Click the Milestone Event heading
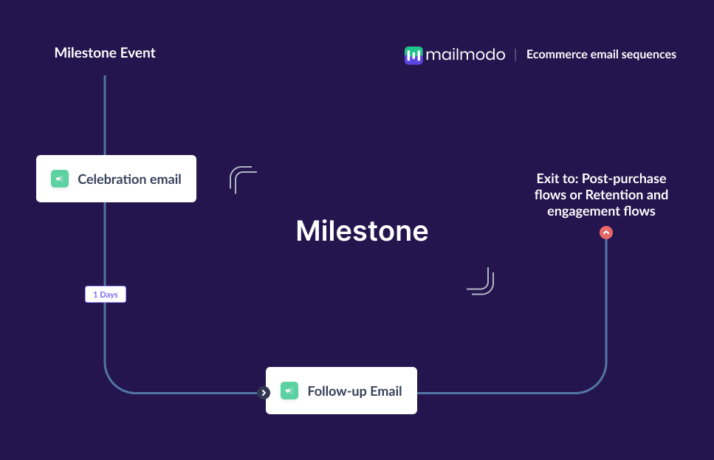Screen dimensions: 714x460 [x=105, y=53]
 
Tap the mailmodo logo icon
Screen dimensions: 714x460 [x=413, y=55]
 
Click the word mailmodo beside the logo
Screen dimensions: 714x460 [x=465, y=55]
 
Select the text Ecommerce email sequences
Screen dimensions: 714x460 [x=601, y=54]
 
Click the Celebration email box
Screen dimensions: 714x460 [x=116, y=179]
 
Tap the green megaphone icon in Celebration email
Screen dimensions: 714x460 [x=60, y=179]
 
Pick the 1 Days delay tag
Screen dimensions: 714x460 [x=106, y=294]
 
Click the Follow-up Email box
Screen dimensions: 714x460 [x=342, y=391]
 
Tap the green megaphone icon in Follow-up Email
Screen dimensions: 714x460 [x=289, y=391]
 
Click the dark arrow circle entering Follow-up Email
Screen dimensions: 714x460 [x=264, y=393]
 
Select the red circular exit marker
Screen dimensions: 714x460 [x=606, y=233]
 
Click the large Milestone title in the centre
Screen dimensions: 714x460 [x=362, y=231]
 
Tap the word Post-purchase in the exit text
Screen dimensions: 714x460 [x=624, y=179]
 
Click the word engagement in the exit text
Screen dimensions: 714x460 [x=582, y=212]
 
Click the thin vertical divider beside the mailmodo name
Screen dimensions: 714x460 [x=515, y=55]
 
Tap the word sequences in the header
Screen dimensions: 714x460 [x=649, y=55]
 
